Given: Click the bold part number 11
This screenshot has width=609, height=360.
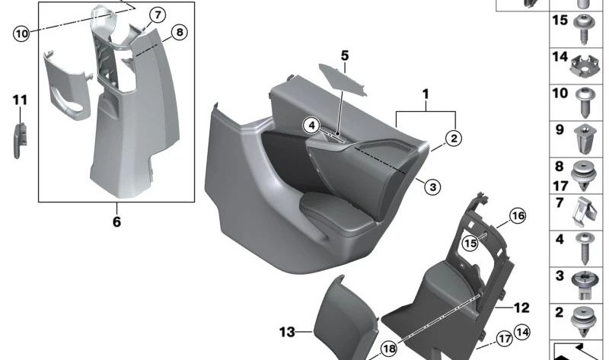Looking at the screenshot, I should coord(19,100).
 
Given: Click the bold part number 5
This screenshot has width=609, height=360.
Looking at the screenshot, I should coord(344,56).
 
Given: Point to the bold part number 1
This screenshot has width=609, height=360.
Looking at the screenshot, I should coord(426,94).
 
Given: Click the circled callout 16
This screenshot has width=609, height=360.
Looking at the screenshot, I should coord(518,217).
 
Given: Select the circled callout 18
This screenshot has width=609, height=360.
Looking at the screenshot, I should coord(389,348).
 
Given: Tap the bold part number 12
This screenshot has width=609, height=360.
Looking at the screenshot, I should coord(521,308).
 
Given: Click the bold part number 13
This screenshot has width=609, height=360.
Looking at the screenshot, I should coord(286,333).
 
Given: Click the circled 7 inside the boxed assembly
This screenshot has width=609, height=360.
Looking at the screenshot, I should coord(156,14).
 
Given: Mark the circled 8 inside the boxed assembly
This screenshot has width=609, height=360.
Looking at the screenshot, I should coord(179,32).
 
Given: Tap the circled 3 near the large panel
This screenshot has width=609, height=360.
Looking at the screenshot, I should coord(431,186).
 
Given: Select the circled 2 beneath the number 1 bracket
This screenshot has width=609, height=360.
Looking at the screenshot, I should coord(453,138).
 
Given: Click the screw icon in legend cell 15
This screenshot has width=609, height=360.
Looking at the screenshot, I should coord(584,27).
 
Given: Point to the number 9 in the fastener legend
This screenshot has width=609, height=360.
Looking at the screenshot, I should coord(560,129).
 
